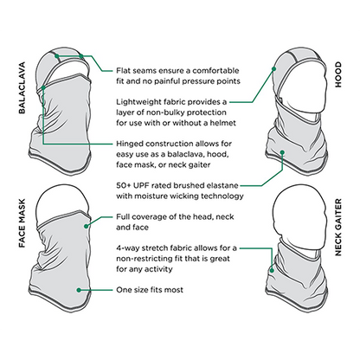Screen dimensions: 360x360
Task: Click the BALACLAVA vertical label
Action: coord(22,87)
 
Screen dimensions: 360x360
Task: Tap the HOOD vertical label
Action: coord(338,74)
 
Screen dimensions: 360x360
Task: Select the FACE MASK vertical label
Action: coord(22,223)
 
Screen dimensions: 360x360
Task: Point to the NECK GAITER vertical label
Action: coord(338,227)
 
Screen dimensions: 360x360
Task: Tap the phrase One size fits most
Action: coord(150,290)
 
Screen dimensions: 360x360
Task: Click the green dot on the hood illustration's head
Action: coord(273,68)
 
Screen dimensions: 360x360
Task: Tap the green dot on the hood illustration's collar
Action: coord(282,152)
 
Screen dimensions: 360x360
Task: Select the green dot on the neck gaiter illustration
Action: coord(272,271)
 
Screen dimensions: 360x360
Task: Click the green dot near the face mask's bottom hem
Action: coord(79,290)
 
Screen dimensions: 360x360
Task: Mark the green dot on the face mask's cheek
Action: coord(86,227)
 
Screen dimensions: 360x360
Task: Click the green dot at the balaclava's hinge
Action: coord(43,87)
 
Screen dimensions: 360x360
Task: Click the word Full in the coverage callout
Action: coord(123,216)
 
